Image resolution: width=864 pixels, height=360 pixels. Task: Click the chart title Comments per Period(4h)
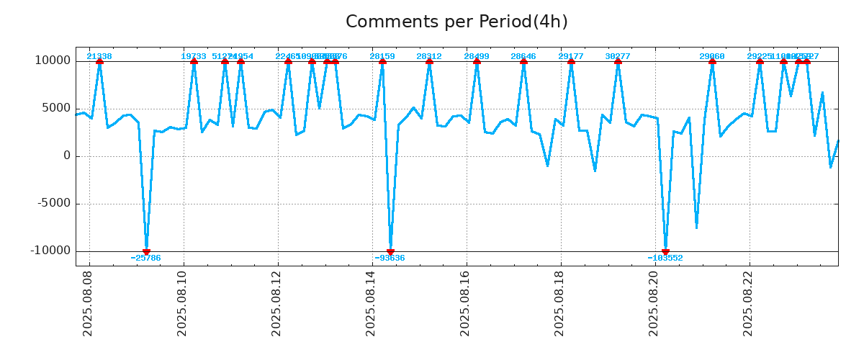tap(456, 22)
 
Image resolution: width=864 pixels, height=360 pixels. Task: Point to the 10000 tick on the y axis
tap(53, 61)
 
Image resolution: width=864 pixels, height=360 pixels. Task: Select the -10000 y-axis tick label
tap(51, 251)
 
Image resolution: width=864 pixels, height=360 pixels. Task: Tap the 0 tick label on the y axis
tap(67, 156)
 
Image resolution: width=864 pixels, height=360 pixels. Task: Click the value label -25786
tap(146, 258)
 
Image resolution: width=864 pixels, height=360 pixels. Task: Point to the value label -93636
tap(390, 258)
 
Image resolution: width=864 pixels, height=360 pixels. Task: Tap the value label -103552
tap(665, 258)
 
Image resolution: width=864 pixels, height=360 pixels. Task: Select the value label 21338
tap(99, 56)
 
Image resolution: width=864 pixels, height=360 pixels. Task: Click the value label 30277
tap(618, 56)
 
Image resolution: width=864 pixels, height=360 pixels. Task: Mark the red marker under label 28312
tap(429, 61)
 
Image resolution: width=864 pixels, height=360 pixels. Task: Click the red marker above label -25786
tap(146, 251)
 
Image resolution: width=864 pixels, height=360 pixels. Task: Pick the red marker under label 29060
tap(712, 61)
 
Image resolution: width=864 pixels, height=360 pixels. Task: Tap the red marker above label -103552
tap(665, 251)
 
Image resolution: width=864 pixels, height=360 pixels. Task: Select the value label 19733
tap(194, 56)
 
